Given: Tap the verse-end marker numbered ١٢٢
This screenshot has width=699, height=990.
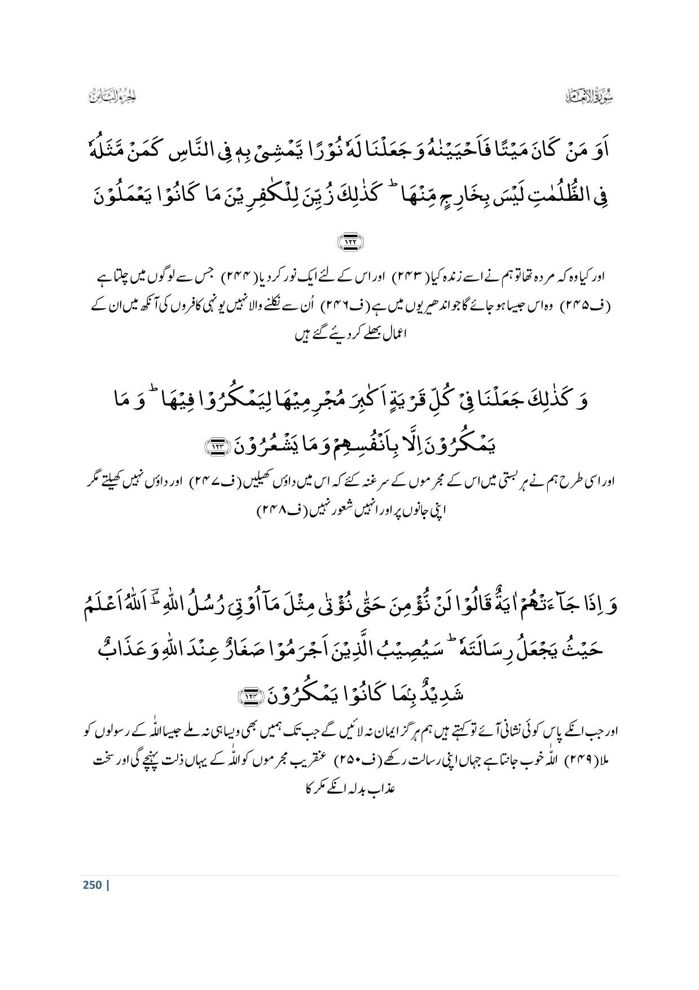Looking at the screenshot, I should pos(350,242).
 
